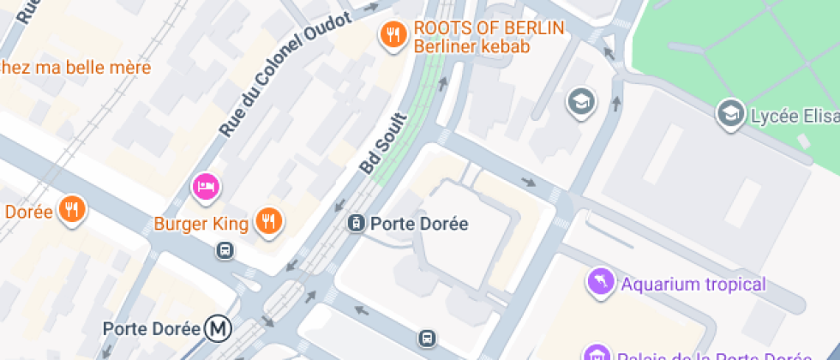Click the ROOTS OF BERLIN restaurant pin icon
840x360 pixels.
tap(393, 35)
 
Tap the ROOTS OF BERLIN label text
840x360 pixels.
tap(489, 27)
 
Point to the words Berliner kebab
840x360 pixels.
tap(471, 46)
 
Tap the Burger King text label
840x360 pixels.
tap(201, 225)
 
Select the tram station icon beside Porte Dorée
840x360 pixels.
tap(356, 224)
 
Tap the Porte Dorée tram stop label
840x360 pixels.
tap(419, 224)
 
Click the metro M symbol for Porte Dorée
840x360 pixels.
tap(218, 327)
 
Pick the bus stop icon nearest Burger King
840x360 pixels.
tap(225, 250)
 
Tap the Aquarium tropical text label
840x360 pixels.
tap(693, 285)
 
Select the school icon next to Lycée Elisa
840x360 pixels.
tap(730, 113)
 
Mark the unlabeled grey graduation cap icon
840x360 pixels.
tap(580, 102)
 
